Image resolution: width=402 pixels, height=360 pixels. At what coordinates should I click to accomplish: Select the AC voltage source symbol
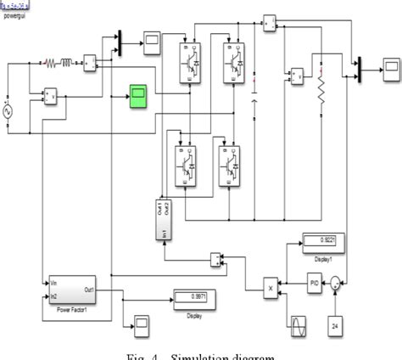[10, 110]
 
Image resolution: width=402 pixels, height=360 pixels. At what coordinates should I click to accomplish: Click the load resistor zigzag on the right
[321, 93]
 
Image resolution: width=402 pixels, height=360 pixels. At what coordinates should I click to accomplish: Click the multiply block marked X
[271, 289]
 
